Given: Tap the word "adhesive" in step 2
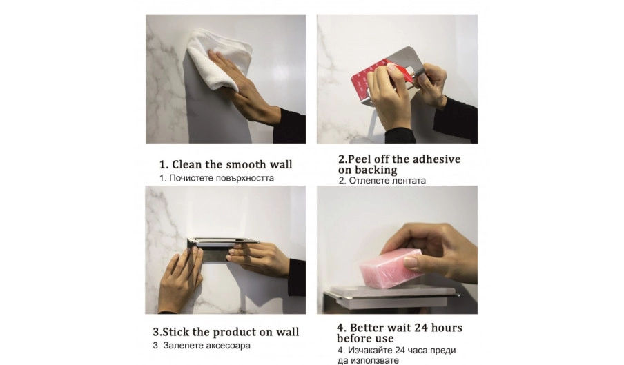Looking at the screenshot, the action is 436,159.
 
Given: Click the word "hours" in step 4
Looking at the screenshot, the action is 447,328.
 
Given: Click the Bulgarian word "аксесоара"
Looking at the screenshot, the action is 228,346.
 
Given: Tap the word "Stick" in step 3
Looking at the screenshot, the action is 175,332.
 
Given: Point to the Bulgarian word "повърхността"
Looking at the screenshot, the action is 243,178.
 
